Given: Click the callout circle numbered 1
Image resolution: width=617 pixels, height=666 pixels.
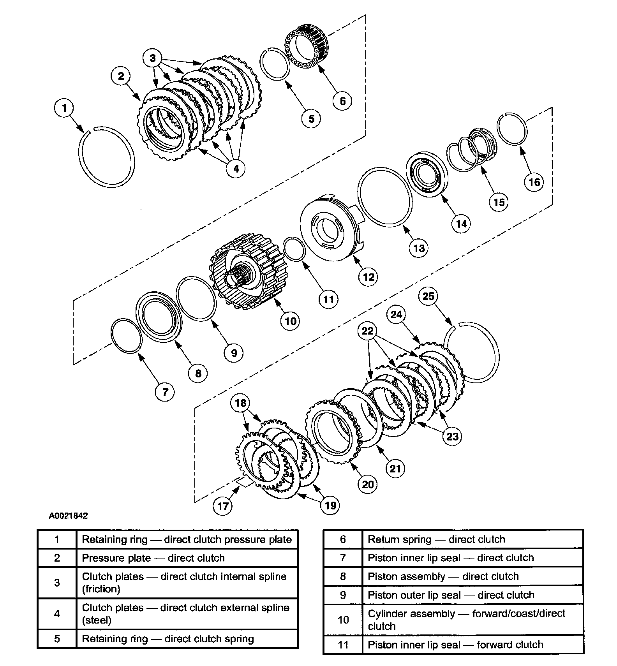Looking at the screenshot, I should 65,107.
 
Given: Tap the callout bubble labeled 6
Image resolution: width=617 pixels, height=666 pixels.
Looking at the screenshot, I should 342,101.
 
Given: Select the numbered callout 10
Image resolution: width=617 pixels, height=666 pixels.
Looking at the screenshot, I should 291,321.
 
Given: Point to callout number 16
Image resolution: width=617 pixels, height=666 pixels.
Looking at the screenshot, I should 534,182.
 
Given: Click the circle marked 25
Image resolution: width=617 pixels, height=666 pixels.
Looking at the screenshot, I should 428,296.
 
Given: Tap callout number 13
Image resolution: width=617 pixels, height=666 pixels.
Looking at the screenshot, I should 419,248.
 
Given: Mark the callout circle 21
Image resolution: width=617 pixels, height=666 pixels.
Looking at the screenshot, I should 395,468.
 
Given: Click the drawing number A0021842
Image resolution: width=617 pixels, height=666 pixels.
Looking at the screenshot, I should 68,516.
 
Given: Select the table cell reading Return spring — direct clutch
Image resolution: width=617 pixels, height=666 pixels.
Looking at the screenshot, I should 472,539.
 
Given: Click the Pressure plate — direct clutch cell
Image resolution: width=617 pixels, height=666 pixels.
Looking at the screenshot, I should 187,558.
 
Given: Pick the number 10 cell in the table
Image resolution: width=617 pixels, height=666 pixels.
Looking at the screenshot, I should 343,620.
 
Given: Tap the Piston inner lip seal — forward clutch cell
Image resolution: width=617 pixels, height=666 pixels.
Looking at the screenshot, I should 472,645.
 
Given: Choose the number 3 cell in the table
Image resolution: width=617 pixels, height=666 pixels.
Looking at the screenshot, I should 57,583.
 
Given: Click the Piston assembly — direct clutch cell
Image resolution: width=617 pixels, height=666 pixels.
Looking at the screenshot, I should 472,576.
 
